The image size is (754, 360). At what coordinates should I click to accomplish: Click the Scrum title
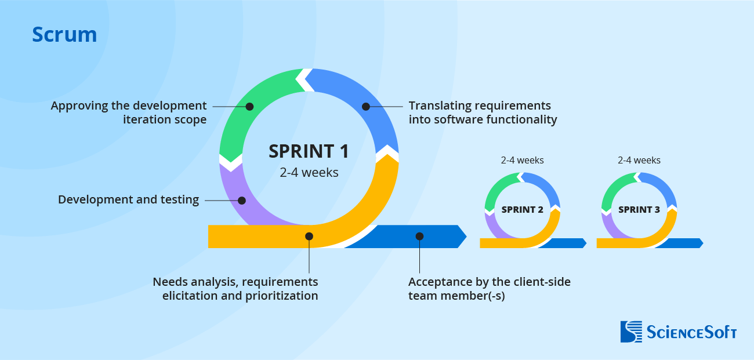(x=64, y=35)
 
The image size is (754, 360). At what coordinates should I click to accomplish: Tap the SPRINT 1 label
(x=309, y=151)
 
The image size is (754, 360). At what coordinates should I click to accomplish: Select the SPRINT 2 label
(x=522, y=210)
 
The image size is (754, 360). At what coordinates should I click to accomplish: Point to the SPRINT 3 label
(x=639, y=210)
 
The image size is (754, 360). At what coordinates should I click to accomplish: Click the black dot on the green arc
(x=249, y=107)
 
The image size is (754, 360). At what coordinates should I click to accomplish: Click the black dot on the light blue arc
(x=366, y=107)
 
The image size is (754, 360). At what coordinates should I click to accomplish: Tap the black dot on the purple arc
(x=242, y=201)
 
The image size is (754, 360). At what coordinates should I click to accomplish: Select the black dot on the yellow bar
(x=309, y=236)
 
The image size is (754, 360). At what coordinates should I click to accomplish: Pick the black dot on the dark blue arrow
(x=419, y=236)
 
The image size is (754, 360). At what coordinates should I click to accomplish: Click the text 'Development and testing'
(x=128, y=200)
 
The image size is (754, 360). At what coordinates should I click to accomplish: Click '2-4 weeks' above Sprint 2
(x=522, y=161)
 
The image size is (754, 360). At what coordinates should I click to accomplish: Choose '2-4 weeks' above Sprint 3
(x=639, y=161)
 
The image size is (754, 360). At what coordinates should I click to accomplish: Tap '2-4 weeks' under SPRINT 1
(x=309, y=172)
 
